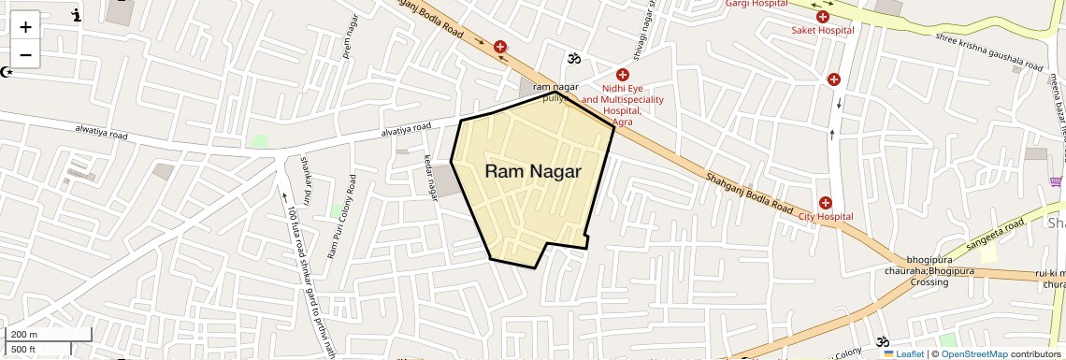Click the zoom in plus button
[x=25, y=26]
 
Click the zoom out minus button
[x=25, y=54]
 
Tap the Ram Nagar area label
[x=533, y=171]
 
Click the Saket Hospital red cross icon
[x=823, y=16]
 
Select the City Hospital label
[x=825, y=217]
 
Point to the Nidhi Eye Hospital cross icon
[x=622, y=74]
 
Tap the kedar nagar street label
[x=432, y=177]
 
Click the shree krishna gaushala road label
[x=988, y=51]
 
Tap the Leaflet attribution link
[x=903, y=353]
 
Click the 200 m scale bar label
[x=24, y=335]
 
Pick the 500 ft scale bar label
[x=23, y=350]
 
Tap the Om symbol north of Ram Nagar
[x=574, y=58]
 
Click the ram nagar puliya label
[x=556, y=93]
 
